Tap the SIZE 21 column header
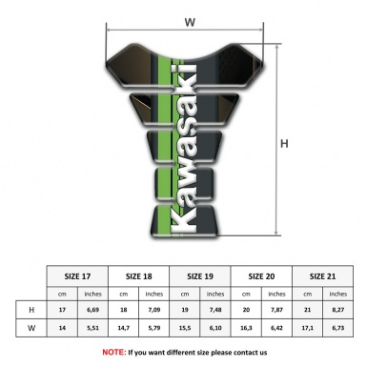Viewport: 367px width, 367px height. pyautogui.click(x=323, y=275)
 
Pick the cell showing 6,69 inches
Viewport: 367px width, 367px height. pyautogui.click(x=92, y=310)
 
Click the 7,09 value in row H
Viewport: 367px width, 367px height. pyautogui.click(x=154, y=310)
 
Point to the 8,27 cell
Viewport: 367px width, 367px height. pyautogui.click(x=338, y=310)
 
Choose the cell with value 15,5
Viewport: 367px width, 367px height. pyautogui.click(x=185, y=328)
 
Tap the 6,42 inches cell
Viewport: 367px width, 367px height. pyautogui.click(x=277, y=328)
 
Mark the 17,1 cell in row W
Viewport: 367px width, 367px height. pyautogui.click(x=308, y=328)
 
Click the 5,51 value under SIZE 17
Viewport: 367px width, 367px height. pyautogui.click(x=92, y=328)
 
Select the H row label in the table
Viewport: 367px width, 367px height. pyautogui.click(x=32, y=310)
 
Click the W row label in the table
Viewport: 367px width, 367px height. pyautogui.click(x=32, y=328)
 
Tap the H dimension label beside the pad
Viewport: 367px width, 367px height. pyautogui.click(x=284, y=145)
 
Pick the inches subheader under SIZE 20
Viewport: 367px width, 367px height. pyautogui.click(x=277, y=293)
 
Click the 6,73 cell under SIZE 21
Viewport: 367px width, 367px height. pyautogui.click(x=338, y=328)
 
